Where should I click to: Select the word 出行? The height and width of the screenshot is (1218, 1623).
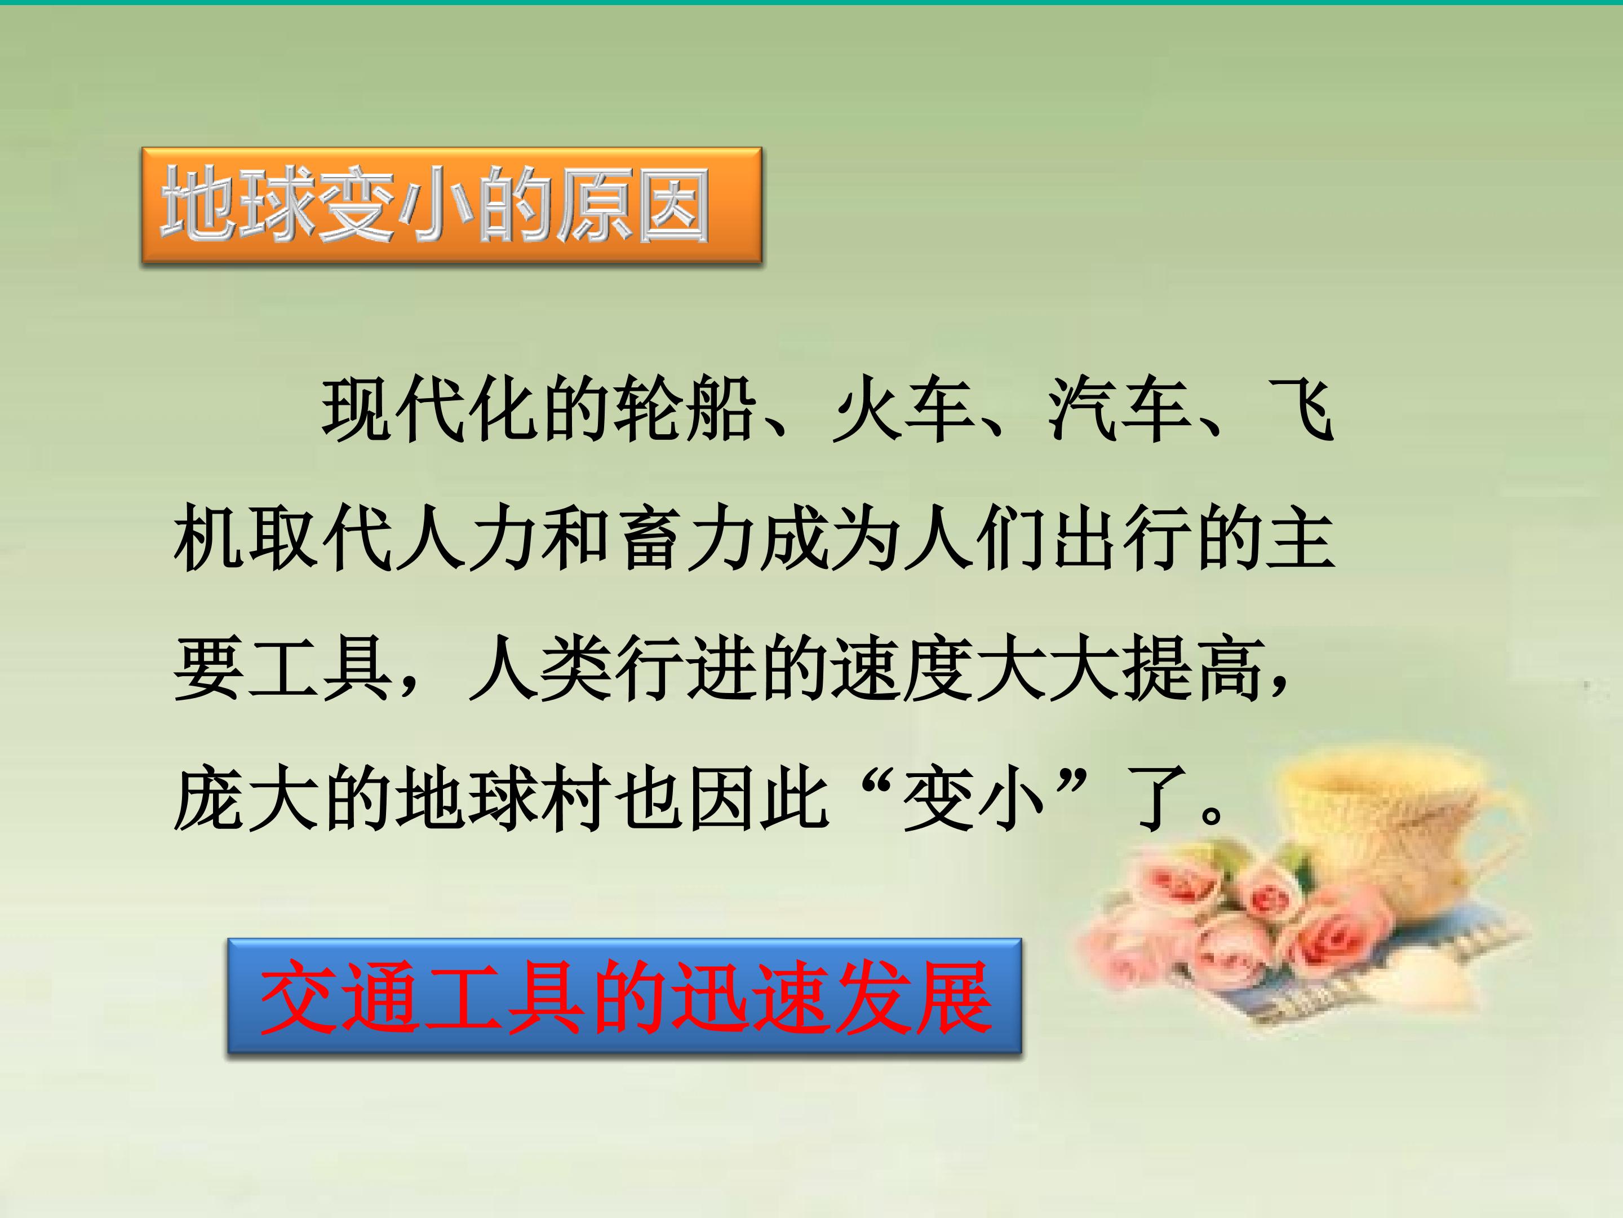(x=1123, y=540)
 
